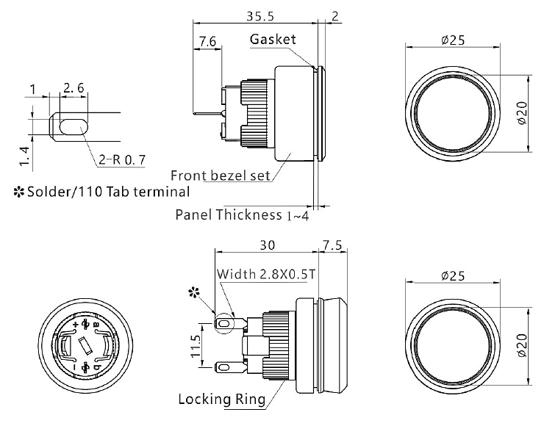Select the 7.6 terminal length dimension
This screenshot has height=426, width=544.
click(207, 43)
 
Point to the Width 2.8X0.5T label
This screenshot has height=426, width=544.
click(268, 274)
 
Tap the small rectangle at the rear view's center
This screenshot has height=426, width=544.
click(84, 343)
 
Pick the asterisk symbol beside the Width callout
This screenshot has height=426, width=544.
click(194, 293)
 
